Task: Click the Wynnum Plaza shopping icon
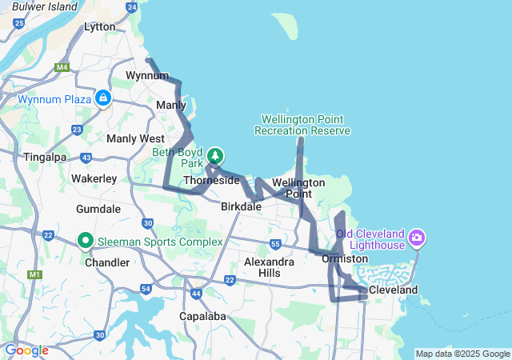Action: click(102, 98)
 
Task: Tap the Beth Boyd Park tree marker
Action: click(215, 155)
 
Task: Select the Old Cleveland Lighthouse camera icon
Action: click(416, 238)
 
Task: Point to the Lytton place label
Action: click(100, 26)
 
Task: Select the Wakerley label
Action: click(94, 178)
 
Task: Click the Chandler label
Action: click(106, 262)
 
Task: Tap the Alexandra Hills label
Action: click(262, 267)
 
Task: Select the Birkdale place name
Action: click(241, 206)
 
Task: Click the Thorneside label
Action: click(211, 181)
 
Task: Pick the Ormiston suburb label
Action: click(345, 258)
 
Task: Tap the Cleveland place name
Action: click(393, 290)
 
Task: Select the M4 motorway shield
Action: click(62, 67)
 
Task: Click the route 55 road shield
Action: click(275, 243)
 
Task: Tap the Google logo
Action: click(26, 350)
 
